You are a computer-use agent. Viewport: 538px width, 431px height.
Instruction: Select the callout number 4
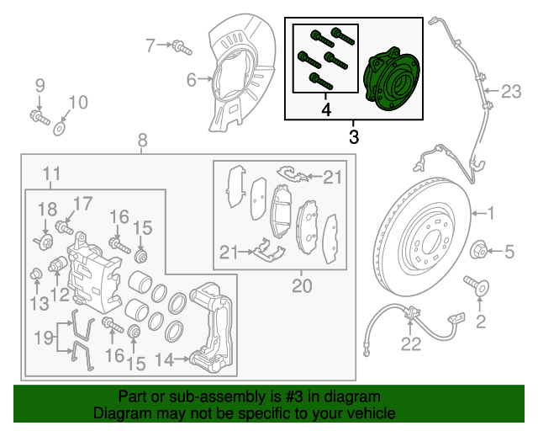click(x=326, y=109)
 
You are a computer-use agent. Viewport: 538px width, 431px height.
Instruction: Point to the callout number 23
click(x=512, y=91)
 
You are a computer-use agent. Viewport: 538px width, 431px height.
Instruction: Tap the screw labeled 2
click(x=482, y=290)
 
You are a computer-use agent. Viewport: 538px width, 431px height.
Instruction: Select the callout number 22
click(x=410, y=343)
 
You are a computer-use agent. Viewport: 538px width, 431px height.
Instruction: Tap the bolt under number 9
click(x=38, y=114)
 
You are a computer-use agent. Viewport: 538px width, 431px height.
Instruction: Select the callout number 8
click(x=141, y=140)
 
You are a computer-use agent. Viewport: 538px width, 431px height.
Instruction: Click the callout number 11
click(x=51, y=175)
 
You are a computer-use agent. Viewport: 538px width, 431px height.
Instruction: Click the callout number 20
click(x=302, y=286)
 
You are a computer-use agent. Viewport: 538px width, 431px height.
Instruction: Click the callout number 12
click(x=59, y=294)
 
